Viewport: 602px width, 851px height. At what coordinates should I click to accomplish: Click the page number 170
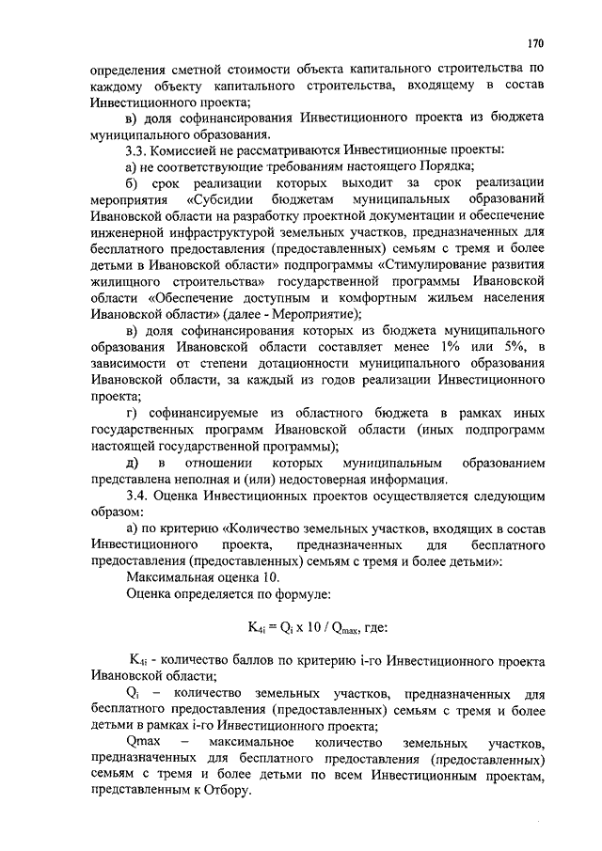pyautogui.click(x=534, y=42)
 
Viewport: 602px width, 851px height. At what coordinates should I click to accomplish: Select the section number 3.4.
pyautogui.click(x=138, y=495)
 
